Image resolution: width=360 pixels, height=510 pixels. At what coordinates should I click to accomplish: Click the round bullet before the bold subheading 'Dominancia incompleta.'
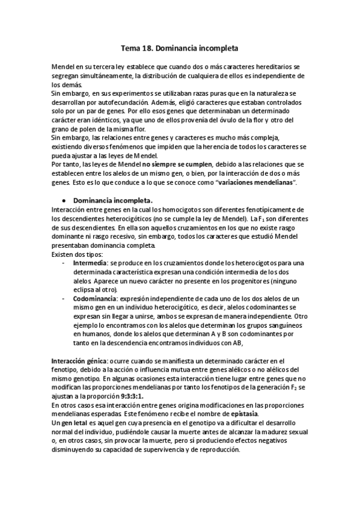pos(64,199)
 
